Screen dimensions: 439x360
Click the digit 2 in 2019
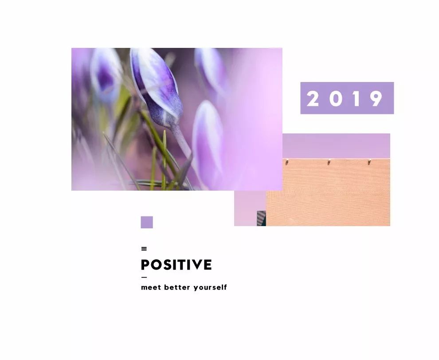tap(313, 98)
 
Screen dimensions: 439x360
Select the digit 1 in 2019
tap(356, 98)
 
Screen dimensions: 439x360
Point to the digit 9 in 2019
tap(376, 98)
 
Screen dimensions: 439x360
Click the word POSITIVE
tap(176, 265)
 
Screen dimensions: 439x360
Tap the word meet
tap(151, 287)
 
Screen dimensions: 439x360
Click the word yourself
tap(210, 287)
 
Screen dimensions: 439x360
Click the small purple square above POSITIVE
tap(147, 222)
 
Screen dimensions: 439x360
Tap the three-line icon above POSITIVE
tap(144, 249)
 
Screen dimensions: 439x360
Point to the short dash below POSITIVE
tap(144, 278)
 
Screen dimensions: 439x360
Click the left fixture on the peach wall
tap(287, 161)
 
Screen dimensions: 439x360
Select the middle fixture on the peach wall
tap(329, 161)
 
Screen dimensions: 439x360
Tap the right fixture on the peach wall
tap(369, 161)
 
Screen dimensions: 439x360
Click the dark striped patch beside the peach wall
tap(261, 219)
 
